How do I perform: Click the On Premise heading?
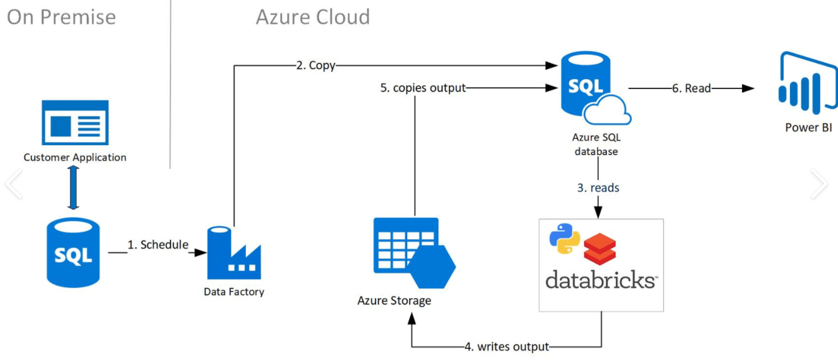click(x=61, y=17)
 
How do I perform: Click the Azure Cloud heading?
click(x=313, y=17)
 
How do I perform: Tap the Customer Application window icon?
click(x=75, y=122)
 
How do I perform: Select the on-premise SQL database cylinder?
click(x=73, y=252)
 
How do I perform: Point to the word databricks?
click(x=601, y=280)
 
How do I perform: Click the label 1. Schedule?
click(x=158, y=245)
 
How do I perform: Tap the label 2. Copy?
click(x=316, y=65)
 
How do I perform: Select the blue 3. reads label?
click(x=598, y=187)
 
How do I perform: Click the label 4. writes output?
click(x=507, y=346)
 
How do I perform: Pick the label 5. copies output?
click(x=423, y=88)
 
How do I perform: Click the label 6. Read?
click(x=691, y=88)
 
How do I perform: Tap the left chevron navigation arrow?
click(x=14, y=184)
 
